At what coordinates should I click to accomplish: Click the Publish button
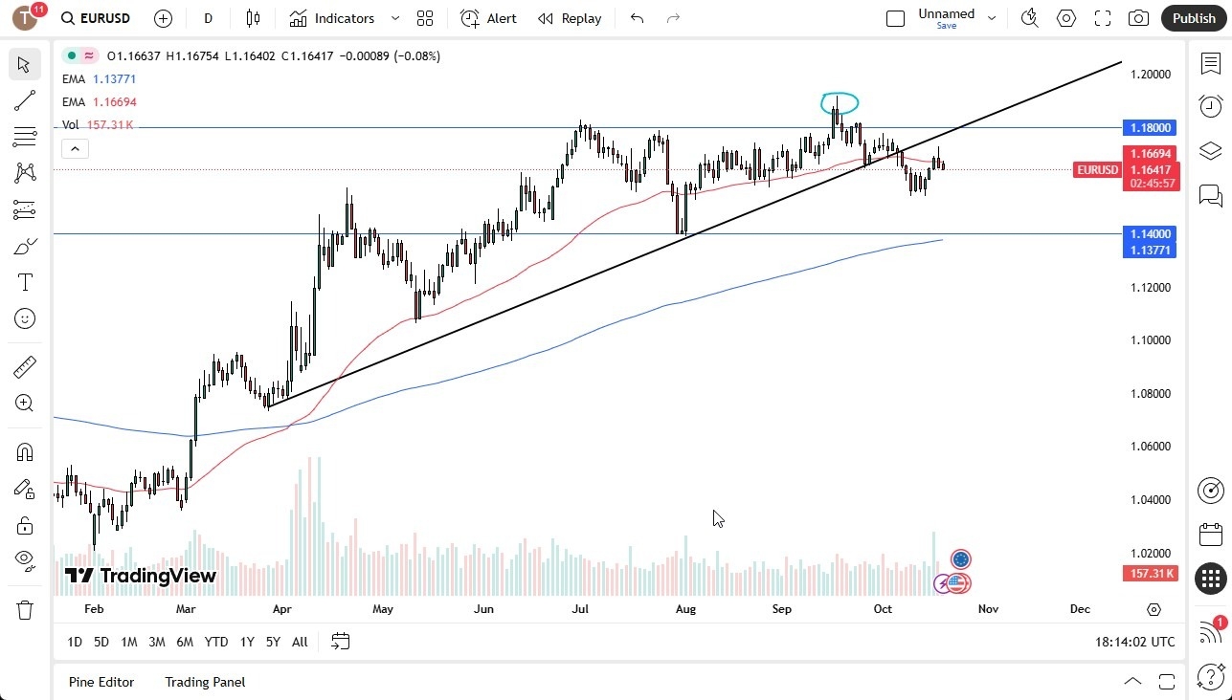1194,18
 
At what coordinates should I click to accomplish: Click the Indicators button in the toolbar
332,18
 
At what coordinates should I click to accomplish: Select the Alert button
488,18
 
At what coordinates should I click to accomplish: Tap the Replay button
570,18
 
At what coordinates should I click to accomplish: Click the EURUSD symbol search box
96,18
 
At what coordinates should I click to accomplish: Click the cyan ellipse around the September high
840,102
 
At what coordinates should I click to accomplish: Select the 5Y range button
273,642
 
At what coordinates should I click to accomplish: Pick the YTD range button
216,642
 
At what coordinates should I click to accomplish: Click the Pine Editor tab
101,682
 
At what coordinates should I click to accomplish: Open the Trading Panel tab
205,682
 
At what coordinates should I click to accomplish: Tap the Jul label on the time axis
580,609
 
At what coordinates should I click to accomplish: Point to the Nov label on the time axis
988,609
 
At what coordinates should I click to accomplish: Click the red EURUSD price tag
1097,170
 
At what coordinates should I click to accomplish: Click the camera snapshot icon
1138,18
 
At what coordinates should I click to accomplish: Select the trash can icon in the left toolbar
25,609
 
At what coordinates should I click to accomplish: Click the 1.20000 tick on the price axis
1151,75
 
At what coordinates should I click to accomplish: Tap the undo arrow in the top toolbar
638,18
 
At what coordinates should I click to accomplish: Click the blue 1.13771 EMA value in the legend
114,79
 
